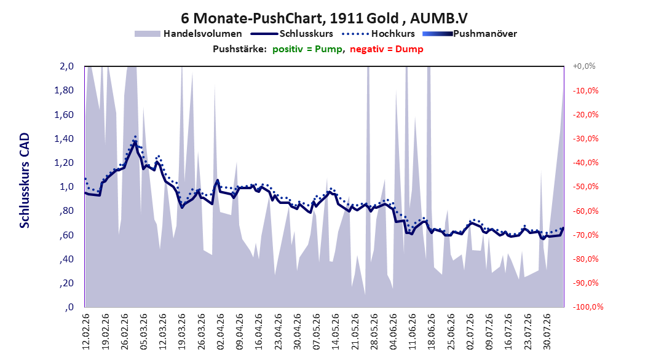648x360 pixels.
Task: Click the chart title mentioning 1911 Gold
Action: (x=324, y=18)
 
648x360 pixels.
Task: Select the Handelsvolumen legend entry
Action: (x=188, y=34)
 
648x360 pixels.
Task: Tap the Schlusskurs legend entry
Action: (x=292, y=34)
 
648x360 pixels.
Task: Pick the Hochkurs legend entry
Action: (x=378, y=34)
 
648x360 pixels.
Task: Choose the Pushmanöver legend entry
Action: (x=470, y=34)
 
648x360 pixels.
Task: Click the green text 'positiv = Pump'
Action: (x=307, y=49)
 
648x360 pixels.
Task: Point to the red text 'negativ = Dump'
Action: (x=387, y=49)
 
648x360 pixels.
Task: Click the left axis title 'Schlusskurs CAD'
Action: (x=25, y=181)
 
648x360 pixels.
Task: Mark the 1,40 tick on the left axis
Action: (x=64, y=139)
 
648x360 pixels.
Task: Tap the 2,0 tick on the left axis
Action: (x=66, y=66)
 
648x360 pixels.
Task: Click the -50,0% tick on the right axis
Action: (x=585, y=187)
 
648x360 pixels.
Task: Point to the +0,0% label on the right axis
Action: (x=584, y=66)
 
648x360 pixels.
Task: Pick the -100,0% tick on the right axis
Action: (x=588, y=307)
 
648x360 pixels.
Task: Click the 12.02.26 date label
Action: (x=86, y=332)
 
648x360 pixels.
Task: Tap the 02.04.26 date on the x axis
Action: (x=221, y=332)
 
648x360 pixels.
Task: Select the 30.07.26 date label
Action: (x=547, y=332)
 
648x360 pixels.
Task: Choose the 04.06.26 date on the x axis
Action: (x=393, y=332)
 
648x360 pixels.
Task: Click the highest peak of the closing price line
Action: (x=135, y=143)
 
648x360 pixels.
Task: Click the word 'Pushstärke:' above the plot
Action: (x=240, y=49)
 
